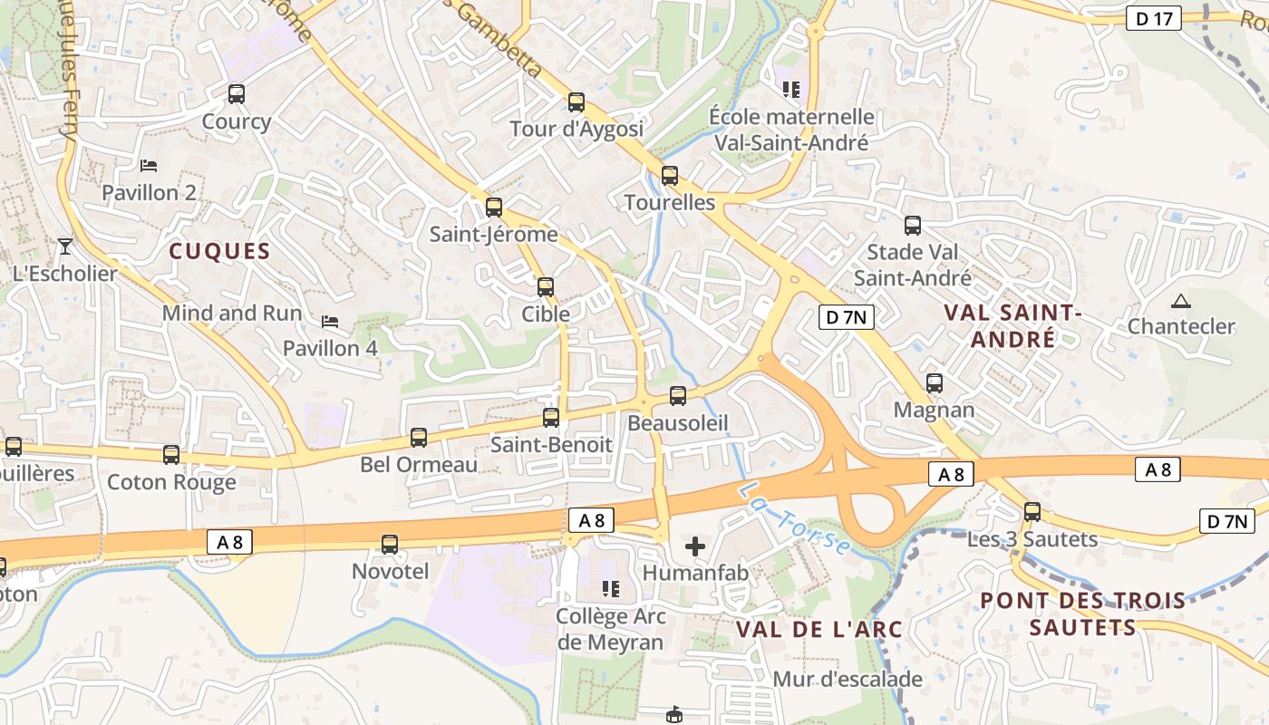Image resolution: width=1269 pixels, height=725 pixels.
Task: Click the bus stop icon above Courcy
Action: (x=236, y=93)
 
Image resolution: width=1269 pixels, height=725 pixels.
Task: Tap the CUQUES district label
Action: (x=220, y=251)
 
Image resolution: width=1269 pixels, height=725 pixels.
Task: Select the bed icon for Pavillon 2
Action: (x=149, y=165)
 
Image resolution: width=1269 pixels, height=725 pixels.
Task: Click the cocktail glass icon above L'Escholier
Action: (x=64, y=246)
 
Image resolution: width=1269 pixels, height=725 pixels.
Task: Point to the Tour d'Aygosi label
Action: (x=576, y=129)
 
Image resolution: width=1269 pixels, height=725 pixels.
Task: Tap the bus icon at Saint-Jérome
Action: (x=494, y=208)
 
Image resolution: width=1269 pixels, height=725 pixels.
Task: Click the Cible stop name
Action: (x=546, y=314)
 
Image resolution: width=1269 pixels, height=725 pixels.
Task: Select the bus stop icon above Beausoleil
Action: (x=677, y=396)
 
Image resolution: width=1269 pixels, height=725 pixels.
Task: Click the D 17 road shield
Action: (x=1154, y=18)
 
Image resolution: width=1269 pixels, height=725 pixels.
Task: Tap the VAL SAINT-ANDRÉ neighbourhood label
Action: (x=1012, y=325)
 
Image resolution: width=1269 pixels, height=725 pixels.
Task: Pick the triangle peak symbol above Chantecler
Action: (x=1180, y=301)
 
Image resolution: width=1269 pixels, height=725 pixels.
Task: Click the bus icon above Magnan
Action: (x=935, y=383)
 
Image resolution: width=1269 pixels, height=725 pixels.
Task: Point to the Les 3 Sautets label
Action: (x=1032, y=539)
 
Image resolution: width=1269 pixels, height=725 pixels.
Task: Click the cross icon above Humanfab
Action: (x=695, y=546)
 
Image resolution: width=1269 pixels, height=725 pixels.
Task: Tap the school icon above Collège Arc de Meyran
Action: (x=611, y=590)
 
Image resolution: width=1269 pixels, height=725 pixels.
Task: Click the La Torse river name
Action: (x=794, y=519)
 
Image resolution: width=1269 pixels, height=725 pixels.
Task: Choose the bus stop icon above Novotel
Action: (x=390, y=545)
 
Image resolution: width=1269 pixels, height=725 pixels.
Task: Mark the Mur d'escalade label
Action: (x=848, y=679)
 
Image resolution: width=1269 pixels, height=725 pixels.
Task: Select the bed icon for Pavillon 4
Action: (x=330, y=321)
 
